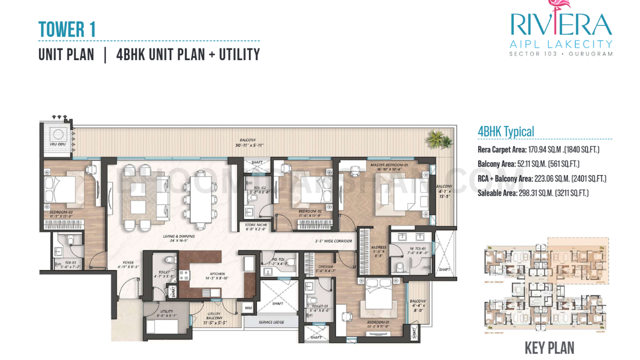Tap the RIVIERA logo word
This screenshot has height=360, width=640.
point(560,25)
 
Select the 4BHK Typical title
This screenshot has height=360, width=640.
point(505,131)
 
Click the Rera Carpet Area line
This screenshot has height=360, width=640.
point(538,149)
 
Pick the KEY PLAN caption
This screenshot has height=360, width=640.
point(549,348)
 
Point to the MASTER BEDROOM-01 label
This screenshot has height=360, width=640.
point(389,164)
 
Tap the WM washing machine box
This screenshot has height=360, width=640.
point(248,308)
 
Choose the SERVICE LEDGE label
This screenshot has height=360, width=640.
point(271,322)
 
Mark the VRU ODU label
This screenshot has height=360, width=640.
point(57,144)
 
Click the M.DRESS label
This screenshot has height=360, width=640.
point(378,246)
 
